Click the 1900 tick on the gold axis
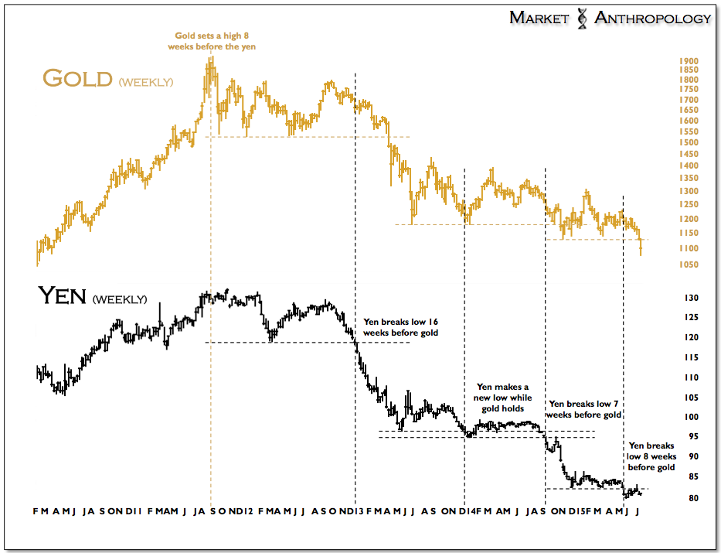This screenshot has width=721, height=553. click(689, 61)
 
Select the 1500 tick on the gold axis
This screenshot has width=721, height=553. click(689, 143)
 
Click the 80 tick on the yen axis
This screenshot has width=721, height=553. click(690, 498)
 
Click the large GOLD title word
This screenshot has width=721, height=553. click(77, 78)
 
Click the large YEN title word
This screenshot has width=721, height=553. click(62, 296)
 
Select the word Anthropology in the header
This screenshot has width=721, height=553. click(652, 18)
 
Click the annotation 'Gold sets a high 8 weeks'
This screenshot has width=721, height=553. click(212, 41)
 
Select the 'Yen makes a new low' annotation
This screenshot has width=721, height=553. click(502, 398)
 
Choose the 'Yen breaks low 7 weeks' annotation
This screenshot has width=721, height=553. click(584, 409)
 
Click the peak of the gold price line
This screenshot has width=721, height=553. click(210, 60)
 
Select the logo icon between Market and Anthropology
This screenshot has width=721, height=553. click(583, 18)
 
